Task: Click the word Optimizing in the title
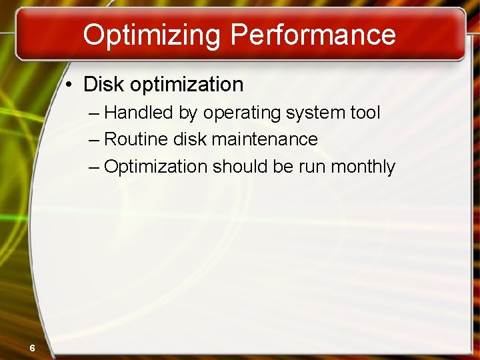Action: (x=153, y=35)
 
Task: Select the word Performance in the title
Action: (x=313, y=35)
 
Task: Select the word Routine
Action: (x=136, y=139)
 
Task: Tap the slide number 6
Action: (x=32, y=347)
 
